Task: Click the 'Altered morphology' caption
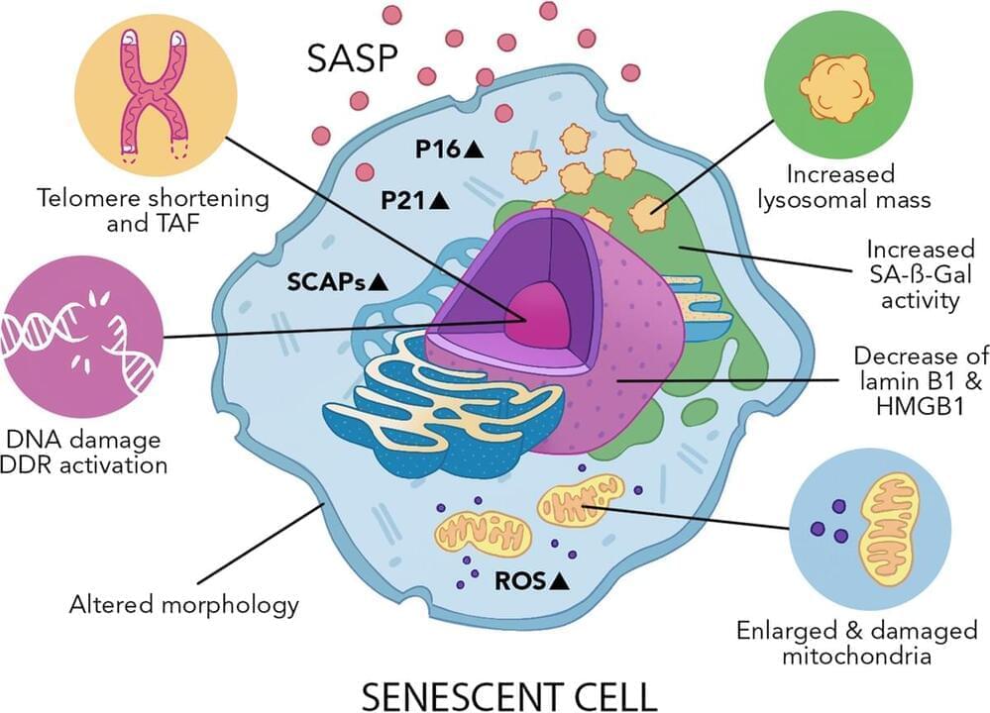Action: click(184, 603)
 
